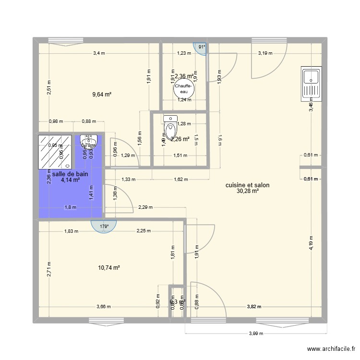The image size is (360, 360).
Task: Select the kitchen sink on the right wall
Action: [x=311, y=84]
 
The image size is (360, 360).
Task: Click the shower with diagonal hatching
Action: [x=55, y=151]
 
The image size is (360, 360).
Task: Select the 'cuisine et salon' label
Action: [x=247, y=185]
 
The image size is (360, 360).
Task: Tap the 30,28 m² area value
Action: [x=247, y=191]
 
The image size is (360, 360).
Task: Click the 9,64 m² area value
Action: [x=102, y=95]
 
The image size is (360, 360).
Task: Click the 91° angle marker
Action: [x=202, y=47]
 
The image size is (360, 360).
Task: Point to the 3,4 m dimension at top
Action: [x=99, y=53]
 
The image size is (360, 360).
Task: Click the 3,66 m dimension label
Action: [x=103, y=306]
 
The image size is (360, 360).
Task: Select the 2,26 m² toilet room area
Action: [x=180, y=140]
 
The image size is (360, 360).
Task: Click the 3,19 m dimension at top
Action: [x=265, y=53]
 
